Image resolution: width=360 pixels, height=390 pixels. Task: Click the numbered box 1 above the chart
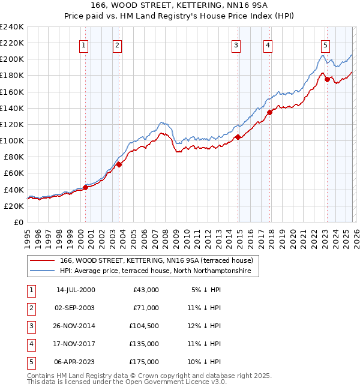(x=83, y=44)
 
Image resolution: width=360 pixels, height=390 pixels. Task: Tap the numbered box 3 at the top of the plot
(x=236, y=44)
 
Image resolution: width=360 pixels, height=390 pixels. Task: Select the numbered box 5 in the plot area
(x=325, y=44)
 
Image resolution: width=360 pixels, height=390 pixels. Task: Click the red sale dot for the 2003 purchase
(x=119, y=164)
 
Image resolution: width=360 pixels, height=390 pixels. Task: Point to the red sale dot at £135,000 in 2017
(x=270, y=112)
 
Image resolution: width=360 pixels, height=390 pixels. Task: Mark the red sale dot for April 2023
(x=327, y=80)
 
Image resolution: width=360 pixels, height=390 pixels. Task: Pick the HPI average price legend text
(x=159, y=271)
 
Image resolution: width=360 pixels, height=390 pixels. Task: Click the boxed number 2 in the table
(x=29, y=308)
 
